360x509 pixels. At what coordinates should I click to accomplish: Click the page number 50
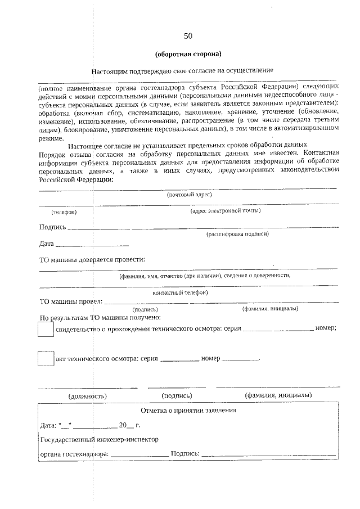[x=188, y=36]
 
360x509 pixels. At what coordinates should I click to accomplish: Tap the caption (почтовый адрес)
[x=188, y=195]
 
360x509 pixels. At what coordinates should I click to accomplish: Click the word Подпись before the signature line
[x=52, y=227]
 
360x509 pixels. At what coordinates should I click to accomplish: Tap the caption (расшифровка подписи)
[x=237, y=234]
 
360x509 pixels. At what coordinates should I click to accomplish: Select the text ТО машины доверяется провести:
[x=92, y=259]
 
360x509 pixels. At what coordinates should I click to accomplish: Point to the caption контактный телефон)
[x=180, y=292]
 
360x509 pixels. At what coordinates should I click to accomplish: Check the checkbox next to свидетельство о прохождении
[x=45, y=328]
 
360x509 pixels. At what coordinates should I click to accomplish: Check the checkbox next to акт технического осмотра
[x=45, y=359]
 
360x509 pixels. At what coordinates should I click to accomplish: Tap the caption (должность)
[x=87, y=395]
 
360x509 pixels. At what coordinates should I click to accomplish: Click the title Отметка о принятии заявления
[x=188, y=410]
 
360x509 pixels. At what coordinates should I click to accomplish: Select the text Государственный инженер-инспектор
[x=99, y=439]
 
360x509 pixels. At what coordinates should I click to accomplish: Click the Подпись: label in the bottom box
[x=185, y=453]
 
